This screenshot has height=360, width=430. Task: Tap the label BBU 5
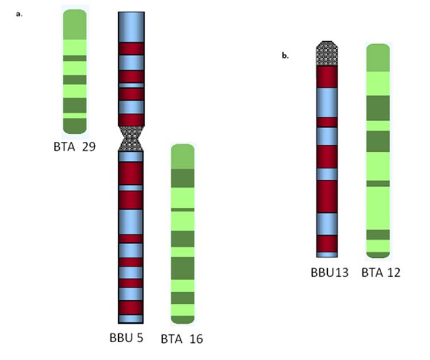(x=126, y=337)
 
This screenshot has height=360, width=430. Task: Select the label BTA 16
(x=181, y=339)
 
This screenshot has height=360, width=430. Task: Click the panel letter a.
(x=20, y=14)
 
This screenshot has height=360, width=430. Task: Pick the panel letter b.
(x=285, y=56)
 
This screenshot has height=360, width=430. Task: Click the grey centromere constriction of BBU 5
(x=131, y=138)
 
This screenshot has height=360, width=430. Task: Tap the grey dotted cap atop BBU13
(x=327, y=53)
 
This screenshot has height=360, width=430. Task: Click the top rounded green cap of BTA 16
(x=183, y=156)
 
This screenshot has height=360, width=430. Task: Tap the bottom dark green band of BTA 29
(x=75, y=126)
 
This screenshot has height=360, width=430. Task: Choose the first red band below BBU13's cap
(x=327, y=76)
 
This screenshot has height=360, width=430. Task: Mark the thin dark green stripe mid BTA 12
(x=378, y=184)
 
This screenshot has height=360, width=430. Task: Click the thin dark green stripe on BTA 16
(x=183, y=210)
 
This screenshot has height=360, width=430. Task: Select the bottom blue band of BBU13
(x=327, y=254)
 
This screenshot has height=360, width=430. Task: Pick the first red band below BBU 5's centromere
(x=131, y=173)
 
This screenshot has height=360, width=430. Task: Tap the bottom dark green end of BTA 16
(x=183, y=319)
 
